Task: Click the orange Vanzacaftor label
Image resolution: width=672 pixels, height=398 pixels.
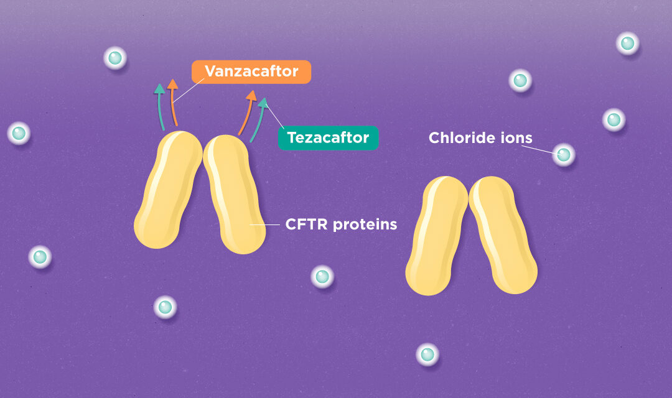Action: (x=251, y=72)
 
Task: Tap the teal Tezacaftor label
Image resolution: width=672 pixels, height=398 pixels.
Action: (x=328, y=137)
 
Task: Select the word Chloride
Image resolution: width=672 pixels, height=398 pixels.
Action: (x=457, y=137)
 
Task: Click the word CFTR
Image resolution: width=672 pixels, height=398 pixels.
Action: (x=306, y=224)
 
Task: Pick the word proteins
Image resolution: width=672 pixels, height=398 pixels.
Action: (x=365, y=224)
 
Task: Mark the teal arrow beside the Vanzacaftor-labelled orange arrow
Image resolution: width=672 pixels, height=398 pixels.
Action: (x=160, y=106)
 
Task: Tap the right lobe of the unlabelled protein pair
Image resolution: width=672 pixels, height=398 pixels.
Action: (x=503, y=235)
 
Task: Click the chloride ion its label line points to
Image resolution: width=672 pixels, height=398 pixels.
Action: (x=564, y=154)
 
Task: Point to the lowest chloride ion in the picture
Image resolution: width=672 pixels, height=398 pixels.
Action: (x=427, y=354)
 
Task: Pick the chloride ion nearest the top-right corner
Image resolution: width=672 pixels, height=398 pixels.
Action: (x=627, y=43)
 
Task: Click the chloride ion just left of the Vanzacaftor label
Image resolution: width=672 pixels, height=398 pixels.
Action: (x=114, y=58)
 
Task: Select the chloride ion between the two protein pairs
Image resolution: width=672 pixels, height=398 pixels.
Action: (x=322, y=276)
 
